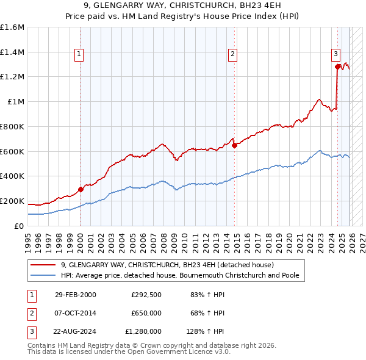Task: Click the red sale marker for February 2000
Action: click(x=81, y=189)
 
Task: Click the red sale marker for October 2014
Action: click(x=234, y=145)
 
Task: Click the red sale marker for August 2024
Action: click(x=337, y=67)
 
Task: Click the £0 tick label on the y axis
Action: click(x=20, y=226)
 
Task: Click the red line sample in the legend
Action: click(x=43, y=265)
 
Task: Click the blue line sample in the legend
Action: click(x=43, y=276)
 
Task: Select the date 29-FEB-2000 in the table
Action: click(x=76, y=295)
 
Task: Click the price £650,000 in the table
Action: click(x=146, y=314)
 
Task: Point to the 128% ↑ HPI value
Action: click(x=205, y=333)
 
